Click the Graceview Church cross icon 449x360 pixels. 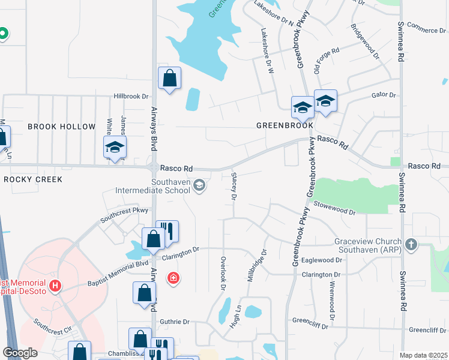click(x=411, y=244)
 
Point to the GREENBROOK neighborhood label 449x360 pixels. click(x=285, y=126)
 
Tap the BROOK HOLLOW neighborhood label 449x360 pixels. click(x=61, y=127)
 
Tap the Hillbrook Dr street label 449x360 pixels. click(x=131, y=96)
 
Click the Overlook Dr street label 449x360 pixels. click(x=223, y=274)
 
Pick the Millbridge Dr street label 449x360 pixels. click(x=256, y=267)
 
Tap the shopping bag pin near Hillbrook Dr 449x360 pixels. click(x=169, y=77)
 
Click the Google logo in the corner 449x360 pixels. click(x=20, y=353)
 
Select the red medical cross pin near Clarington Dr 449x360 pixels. click(x=173, y=278)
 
